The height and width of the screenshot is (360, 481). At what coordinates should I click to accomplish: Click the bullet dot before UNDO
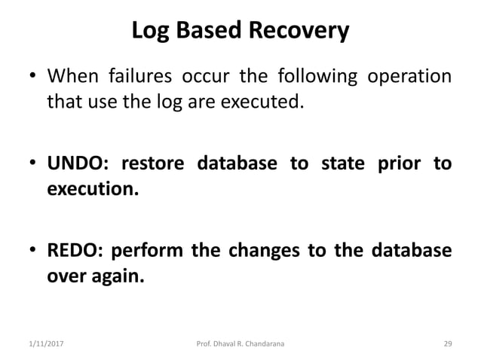point(33,165)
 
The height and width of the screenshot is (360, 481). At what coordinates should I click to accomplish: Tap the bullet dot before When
point(33,78)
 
